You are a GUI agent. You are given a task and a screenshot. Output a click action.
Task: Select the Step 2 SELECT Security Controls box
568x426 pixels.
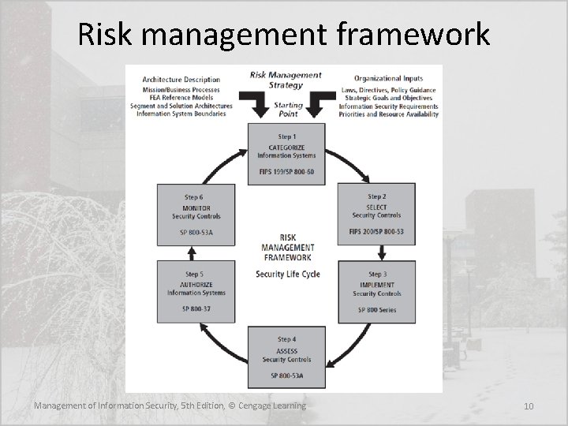click(x=376, y=214)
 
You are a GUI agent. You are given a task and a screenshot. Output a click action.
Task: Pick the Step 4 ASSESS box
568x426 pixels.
click(x=286, y=355)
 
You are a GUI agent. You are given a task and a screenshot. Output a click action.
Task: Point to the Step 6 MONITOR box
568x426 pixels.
click(x=196, y=214)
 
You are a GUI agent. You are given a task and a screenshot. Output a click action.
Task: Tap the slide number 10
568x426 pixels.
click(x=529, y=406)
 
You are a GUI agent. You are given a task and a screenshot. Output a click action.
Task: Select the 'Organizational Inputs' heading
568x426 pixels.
click(x=388, y=79)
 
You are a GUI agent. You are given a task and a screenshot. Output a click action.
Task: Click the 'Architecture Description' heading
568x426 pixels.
click(x=181, y=79)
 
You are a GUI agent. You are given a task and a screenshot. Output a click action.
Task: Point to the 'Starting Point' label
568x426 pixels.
click(x=286, y=109)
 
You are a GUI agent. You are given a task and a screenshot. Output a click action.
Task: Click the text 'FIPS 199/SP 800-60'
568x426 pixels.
click(x=286, y=172)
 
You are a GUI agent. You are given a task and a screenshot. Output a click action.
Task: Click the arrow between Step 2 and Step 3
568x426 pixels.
click(x=382, y=252)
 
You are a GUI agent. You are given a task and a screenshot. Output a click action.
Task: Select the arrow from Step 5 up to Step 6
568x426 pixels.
click(x=190, y=252)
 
